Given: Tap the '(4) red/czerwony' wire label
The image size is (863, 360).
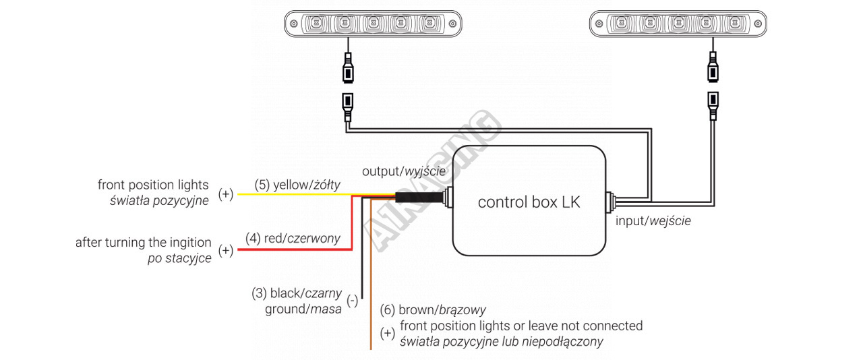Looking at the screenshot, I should (293, 238).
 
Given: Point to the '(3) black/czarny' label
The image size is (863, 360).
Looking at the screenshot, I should (297, 293).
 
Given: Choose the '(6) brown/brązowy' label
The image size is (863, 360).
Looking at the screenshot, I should (433, 311).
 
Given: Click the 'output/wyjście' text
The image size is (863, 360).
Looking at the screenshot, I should (404, 171).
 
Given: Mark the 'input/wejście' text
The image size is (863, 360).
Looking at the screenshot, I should (653, 220).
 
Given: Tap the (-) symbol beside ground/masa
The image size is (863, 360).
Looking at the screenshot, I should (352, 301).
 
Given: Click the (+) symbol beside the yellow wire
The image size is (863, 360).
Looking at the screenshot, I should (226, 194).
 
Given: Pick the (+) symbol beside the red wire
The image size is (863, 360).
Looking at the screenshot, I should (226, 251).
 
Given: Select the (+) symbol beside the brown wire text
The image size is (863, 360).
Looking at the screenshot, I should (387, 334).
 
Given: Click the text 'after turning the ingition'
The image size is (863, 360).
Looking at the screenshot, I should (143, 243).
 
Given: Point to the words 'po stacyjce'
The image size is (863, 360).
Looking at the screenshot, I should (179, 258).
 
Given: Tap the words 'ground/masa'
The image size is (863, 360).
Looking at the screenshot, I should (303, 309).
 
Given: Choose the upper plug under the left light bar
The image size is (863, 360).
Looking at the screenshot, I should (349, 69).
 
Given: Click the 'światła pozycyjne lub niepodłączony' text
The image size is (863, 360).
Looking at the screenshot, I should (501, 342).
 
